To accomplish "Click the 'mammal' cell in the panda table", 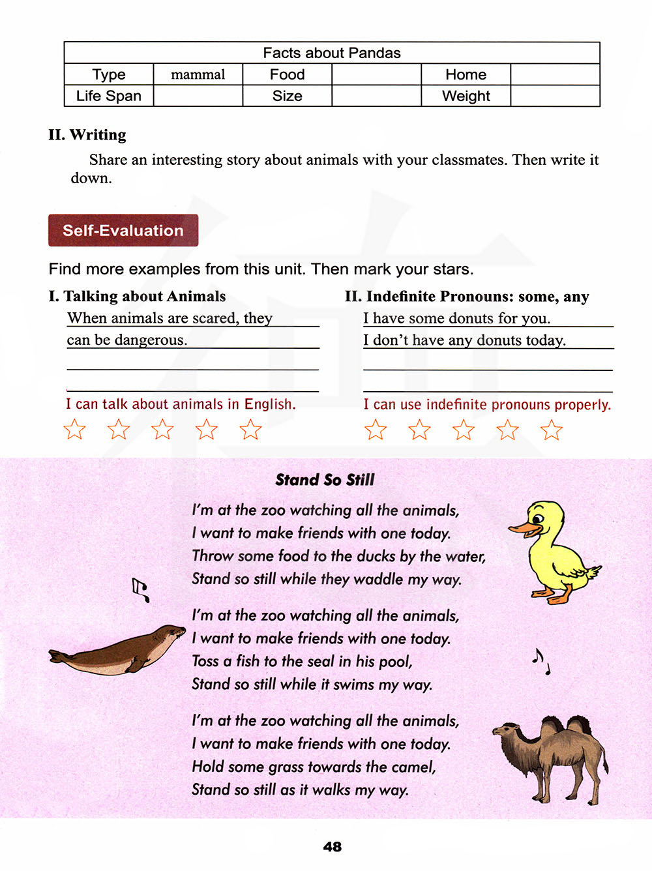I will click(x=198, y=75).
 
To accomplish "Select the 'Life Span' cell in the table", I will click(x=108, y=96).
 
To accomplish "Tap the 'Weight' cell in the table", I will click(x=466, y=96).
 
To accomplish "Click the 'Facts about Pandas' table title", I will click(x=331, y=53).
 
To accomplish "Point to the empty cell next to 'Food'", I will click(x=376, y=75).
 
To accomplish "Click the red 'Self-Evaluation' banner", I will click(x=123, y=230).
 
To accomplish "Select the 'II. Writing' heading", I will click(x=87, y=135).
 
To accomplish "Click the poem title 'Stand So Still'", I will click(x=325, y=480).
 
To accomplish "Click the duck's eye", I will click(x=538, y=519).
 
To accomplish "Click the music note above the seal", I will click(x=140, y=589).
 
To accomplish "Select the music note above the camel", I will click(x=540, y=661).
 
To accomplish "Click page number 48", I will click(x=332, y=847).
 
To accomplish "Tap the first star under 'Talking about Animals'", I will click(x=74, y=429).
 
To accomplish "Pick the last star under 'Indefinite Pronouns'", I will click(x=552, y=430).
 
